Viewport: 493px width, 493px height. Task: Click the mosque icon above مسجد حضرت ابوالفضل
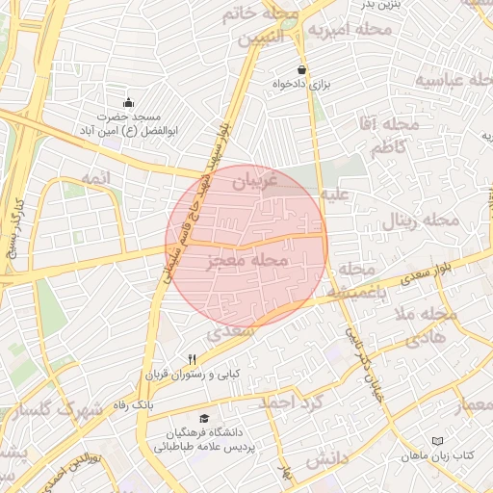(129, 102)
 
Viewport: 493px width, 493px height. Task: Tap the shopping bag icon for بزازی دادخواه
(302, 69)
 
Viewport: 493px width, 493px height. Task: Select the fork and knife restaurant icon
(193, 359)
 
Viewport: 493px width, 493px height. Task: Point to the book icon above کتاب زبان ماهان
(438, 440)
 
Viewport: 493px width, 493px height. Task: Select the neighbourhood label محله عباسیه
(452, 79)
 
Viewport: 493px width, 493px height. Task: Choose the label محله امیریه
(350, 31)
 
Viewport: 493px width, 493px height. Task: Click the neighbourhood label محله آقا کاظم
(390, 135)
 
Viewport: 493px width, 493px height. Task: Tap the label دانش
(325, 460)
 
